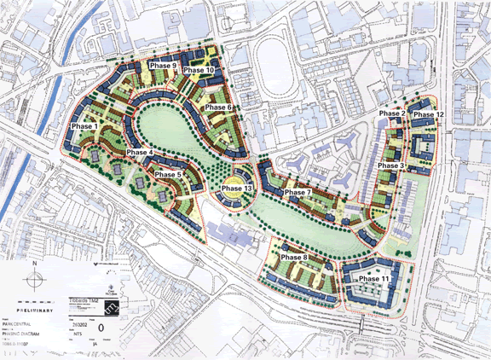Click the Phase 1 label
(85, 126)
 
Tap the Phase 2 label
(391, 114)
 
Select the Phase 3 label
(390, 165)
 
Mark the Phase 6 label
(218, 107)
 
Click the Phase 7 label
(297, 192)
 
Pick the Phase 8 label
(293, 258)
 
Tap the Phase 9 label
(163, 66)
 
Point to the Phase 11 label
(374, 279)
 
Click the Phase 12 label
(428, 114)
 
